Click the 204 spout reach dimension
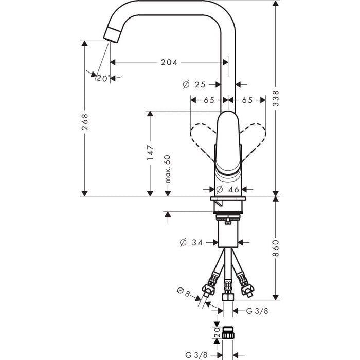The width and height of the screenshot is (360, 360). point(169,62)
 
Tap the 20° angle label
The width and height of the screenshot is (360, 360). point(103,78)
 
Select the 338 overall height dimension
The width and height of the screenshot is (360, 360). point(276,98)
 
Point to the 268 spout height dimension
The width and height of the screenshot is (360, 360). point(85,122)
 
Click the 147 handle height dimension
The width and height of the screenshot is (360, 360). point(150,152)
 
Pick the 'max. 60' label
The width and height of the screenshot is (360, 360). point(168,169)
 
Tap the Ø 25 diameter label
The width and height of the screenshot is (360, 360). point(194,85)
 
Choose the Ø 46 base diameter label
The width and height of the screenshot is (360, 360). point(228,189)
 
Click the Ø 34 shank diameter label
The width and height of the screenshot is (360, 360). point(191,242)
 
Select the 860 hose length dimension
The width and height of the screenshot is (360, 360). point(276,248)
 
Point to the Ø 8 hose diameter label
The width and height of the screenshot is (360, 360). point(184,292)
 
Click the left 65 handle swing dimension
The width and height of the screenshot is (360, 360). point(209,100)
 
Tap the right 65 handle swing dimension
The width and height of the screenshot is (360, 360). point(247,100)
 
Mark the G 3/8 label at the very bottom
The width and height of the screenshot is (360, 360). point(196,355)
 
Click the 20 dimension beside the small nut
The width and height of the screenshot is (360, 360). point(217,332)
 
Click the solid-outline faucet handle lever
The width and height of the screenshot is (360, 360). point(228,143)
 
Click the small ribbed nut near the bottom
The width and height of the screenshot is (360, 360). point(228,332)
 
